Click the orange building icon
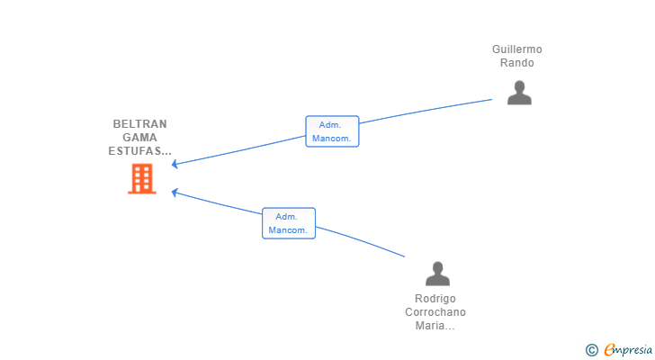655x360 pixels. tap(141, 179)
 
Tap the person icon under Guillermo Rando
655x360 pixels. tap(519, 93)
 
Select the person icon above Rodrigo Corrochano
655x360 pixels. tap(437, 273)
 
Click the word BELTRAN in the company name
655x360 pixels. tap(140, 124)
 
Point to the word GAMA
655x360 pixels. tap(139, 138)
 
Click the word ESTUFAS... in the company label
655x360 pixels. tap(140, 151)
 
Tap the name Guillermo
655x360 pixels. tap(517, 49)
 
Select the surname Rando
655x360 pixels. tap(517, 63)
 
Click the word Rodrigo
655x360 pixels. tap(435, 299)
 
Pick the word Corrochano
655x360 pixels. tap(435, 312)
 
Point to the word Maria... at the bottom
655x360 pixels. tap(435, 326)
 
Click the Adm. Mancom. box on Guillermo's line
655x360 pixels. tap(332, 131)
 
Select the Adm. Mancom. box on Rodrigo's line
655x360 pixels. tap(289, 223)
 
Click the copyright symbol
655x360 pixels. tap(591, 349)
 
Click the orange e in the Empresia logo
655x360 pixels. tap(609, 349)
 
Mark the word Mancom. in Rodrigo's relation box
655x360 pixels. tap(289, 229)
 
